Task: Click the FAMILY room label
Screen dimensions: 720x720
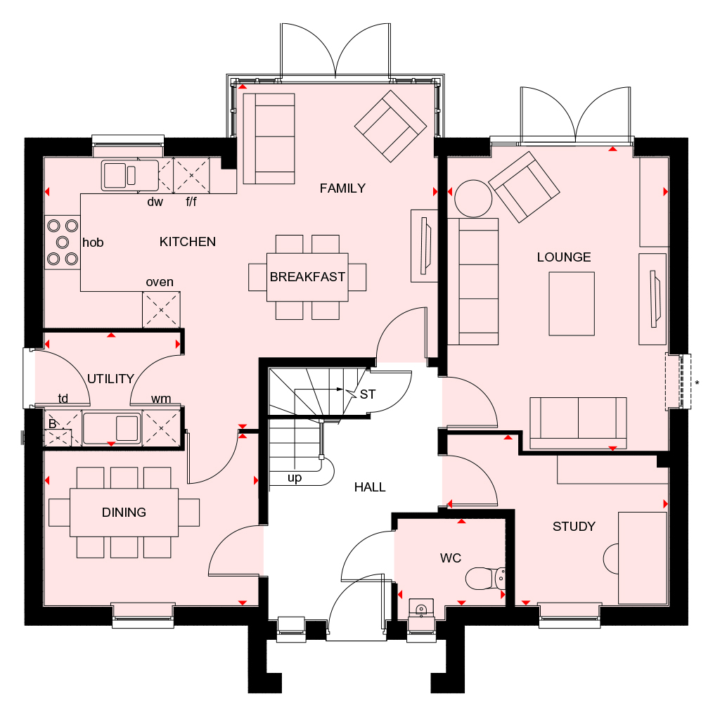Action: (x=342, y=188)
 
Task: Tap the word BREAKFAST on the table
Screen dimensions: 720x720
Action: (x=307, y=277)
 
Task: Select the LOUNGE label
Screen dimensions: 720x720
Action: (x=564, y=257)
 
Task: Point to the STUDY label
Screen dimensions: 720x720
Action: (x=574, y=526)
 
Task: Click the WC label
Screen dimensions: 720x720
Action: (x=451, y=558)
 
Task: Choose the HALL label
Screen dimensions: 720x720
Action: (x=370, y=487)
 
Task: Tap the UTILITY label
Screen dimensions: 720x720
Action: (x=110, y=379)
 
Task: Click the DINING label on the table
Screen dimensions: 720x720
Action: (x=124, y=513)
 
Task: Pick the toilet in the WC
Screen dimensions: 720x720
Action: (x=485, y=579)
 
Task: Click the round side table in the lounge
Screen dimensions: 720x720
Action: (x=473, y=198)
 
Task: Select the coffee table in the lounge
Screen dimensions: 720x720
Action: (x=572, y=304)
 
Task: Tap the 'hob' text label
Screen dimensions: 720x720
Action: (x=93, y=243)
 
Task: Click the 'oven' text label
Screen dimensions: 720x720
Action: (x=160, y=282)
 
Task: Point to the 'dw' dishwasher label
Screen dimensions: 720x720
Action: (x=155, y=202)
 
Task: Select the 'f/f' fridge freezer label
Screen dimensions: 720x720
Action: (x=191, y=202)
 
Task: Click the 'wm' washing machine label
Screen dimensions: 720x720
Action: (x=161, y=399)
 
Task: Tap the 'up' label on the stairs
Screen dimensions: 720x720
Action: (x=295, y=478)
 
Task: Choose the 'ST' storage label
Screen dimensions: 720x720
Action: (x=367, y=394)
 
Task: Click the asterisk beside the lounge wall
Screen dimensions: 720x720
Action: (x=697, y=383)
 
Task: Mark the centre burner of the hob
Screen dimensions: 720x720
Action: (x=63, y=242)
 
